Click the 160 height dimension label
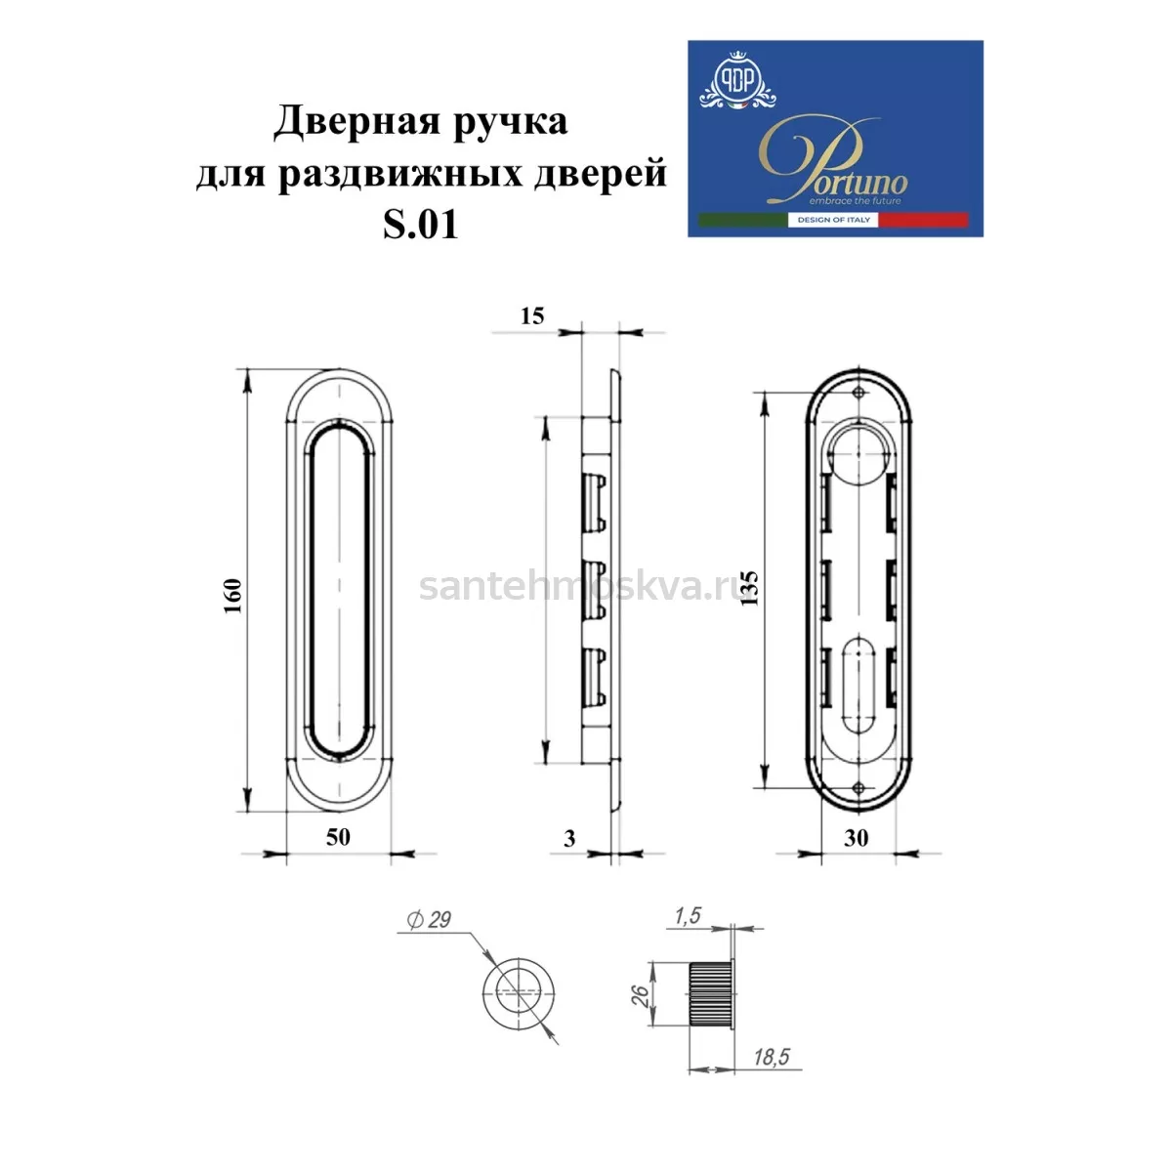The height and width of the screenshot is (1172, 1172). coord(233,596)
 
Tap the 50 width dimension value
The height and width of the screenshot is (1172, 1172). coord(338,837)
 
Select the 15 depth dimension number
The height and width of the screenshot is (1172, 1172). coord(532,316)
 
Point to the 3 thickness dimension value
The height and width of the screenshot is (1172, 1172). coord(569,839)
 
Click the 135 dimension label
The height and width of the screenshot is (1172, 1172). coord(751,588)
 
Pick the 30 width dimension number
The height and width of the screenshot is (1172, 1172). coord(856,838)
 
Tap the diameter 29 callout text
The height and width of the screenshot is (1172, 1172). coord(430,920)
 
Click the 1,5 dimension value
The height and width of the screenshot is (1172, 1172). coord(688,916)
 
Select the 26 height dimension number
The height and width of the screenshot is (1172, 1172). coord(641,995)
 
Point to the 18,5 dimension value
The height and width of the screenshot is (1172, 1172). coord(772,1058)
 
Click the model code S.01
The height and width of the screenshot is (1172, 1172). coord(420,225)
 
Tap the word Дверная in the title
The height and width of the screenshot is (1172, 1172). coord(356,121)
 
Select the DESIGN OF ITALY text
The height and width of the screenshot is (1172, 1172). coord(833,220)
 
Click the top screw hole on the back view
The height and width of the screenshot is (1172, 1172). coord(858,393)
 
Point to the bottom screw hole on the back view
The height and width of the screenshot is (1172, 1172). coord(858,788)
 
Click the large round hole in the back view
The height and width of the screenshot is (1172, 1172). coord(858,454)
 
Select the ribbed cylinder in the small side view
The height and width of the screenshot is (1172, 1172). coord(710,995)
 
